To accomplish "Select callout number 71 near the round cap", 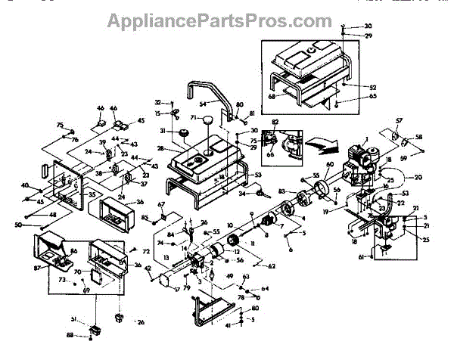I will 193,117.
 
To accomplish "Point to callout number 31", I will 162,131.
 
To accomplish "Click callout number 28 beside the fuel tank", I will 160,149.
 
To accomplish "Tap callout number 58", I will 420,138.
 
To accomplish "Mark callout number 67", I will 160,205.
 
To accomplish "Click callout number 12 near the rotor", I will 236,251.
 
